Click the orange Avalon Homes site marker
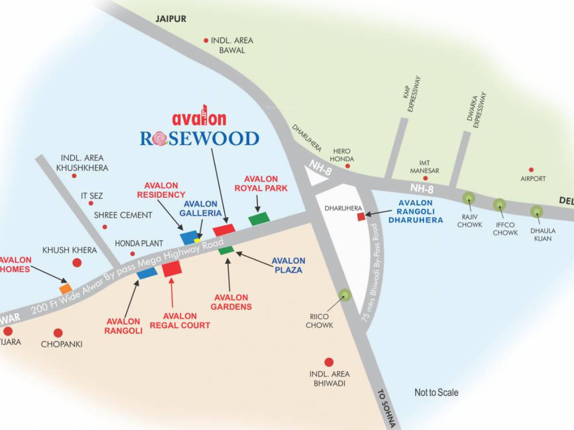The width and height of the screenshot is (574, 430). point(65,288)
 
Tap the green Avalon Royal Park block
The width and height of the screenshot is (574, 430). point(259,218)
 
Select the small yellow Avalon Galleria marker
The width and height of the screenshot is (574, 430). point(197,240)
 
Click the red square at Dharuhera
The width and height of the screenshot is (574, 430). point(361,216)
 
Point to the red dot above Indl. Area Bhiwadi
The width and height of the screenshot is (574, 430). point(329,362)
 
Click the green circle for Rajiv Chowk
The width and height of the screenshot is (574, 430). point(469,198)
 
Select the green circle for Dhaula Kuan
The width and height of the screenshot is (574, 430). point(536,212)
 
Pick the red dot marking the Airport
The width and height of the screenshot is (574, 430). point(531,170)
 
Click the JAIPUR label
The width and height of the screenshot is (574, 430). point(171,19)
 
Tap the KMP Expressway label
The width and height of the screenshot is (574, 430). point(411,94)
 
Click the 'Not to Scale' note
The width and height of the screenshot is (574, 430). point(436,392)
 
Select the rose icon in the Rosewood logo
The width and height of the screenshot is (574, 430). point(160,139)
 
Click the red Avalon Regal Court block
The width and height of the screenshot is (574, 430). point(172,269)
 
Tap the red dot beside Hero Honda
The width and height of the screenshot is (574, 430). point(347,166)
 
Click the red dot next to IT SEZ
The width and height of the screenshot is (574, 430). point(91,203)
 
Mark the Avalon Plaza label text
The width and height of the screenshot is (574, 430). point(288,265)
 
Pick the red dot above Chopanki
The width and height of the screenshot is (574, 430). point(58,333)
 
